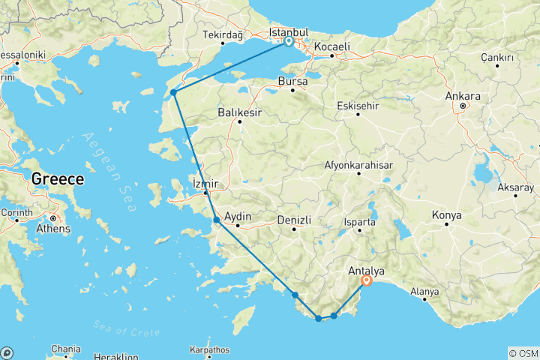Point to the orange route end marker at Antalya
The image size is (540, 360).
367,280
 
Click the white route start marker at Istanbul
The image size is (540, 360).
288,42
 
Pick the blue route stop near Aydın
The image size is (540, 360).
216,220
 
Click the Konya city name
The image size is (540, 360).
447,215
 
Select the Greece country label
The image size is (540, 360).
57,179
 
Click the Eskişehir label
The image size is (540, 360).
358,106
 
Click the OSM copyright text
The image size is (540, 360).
523,353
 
